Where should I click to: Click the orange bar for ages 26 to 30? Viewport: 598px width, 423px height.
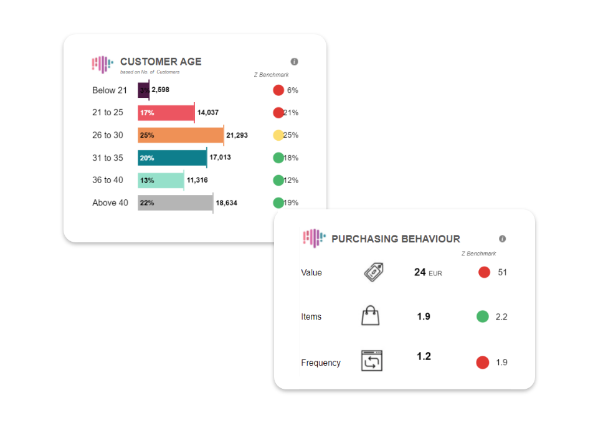click(x=181, y=135)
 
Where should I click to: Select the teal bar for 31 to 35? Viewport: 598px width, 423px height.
click(x=172, y=158)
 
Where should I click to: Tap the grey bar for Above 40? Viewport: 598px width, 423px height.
click(x=175, y=202)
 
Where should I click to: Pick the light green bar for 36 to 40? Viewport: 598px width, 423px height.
click(x=161, y=180)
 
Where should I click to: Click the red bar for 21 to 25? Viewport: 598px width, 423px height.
click(x=166, y=113)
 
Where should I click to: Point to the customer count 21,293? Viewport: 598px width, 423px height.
click(x=237, y=135)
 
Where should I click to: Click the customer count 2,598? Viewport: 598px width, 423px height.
click(x=161, y=90)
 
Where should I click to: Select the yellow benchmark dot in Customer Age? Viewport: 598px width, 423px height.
click(x=278, y=135)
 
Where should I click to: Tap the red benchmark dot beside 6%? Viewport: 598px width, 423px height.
click(x=278, y=90)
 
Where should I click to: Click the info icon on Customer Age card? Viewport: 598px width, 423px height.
click(x=295, y=62)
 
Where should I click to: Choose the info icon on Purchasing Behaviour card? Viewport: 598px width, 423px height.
click(x=503, y=239)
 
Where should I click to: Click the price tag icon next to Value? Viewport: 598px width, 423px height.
click(x=373, y=272)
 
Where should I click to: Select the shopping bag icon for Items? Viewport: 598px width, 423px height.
click(x=371, y=316)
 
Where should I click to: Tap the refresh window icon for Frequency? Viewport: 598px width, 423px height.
click(x=372, y=361)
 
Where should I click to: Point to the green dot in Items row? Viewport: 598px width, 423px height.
click(x=482, y=316)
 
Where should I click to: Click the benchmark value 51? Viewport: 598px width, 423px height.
click(x=502, y=272)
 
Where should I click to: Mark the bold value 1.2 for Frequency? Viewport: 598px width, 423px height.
click(x=424, y=356)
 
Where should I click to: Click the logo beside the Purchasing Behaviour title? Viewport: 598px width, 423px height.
click(x=314, y=238)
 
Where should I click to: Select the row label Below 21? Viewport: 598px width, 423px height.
click(x=110, y=90)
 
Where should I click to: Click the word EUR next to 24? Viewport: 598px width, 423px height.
click(x=435, y=273)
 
